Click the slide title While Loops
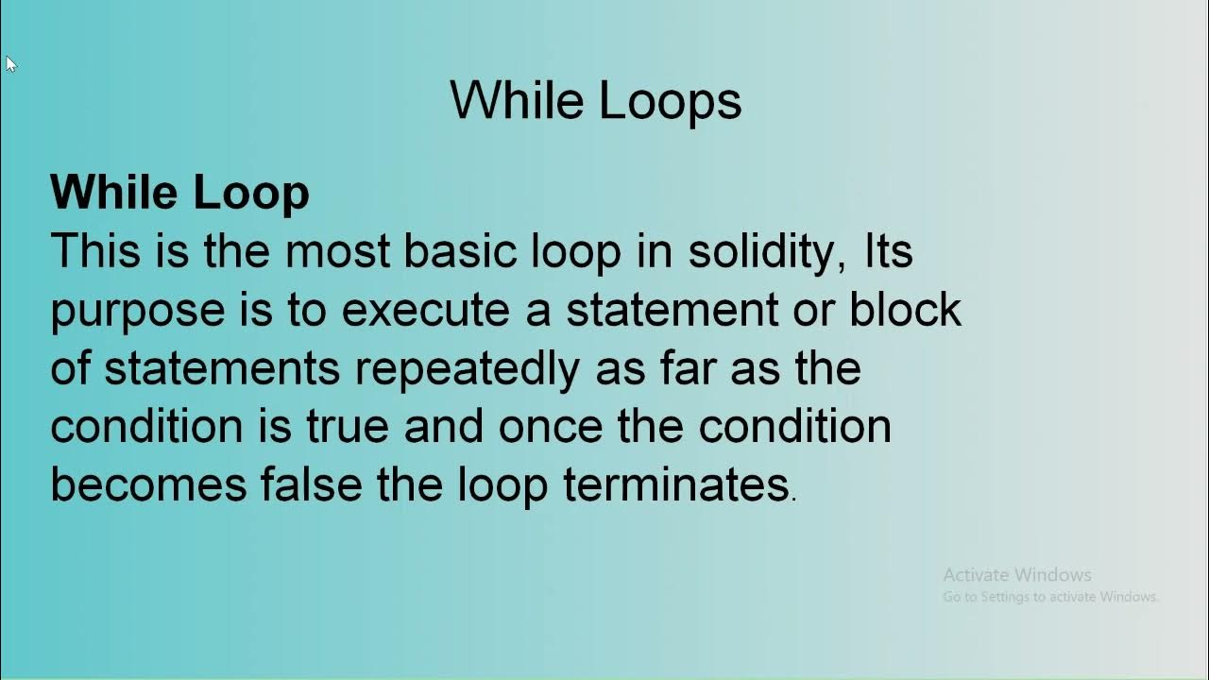click(595, 100)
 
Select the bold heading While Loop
click(179, 193)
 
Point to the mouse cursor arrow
click(10, 64)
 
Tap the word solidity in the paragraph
click(765, 252)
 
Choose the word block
click(905, 311)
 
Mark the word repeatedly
click(467, 368)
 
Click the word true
click(347, 427)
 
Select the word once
click(550, 427)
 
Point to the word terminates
click(675, 484)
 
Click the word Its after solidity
click(889, 252)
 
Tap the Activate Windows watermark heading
click(1016, 574)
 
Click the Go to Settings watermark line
click(1049, 597)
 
